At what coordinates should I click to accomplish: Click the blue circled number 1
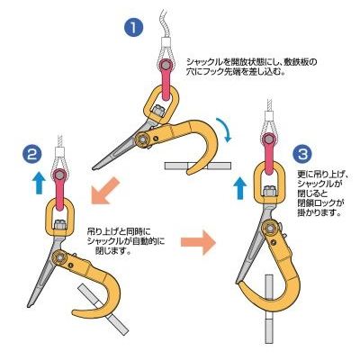pyautogui.click(x=134, y=28)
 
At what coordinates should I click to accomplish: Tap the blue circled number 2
pyautogui.click(x=32, y=155)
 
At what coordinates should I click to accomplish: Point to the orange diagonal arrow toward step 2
pyautogui.click(x=105, y=191)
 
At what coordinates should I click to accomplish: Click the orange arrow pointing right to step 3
pyautogui.click(x=198, y=242)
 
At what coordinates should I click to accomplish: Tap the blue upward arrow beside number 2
pyautogui.click(x=39, y=184)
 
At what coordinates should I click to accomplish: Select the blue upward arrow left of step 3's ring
pyautogui.click(x=239, y=188)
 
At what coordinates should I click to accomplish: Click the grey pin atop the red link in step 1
pyautogui.click(x=165, y=65)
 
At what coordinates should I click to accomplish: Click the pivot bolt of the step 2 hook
pyautogui.click(x=59, y=257)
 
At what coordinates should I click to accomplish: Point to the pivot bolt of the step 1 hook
pyautogui.click(x=140, y=139)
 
